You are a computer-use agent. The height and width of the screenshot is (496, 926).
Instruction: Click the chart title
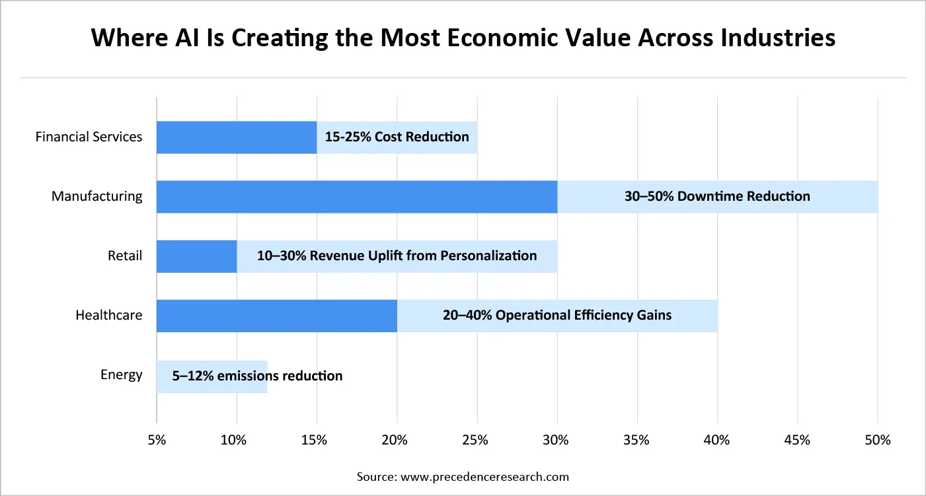click(463, 38)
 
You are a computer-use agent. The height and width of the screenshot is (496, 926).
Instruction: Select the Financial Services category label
click(89, 137)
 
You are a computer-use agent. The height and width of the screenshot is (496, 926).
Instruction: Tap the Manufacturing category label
click(96, 196)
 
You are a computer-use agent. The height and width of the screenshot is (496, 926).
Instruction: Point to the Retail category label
click(126, 256)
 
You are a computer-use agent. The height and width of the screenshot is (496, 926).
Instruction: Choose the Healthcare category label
click(108, 315)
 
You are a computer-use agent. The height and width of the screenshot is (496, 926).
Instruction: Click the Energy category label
click(121, 374)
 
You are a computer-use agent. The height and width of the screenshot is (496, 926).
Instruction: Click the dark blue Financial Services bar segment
click(237, 137)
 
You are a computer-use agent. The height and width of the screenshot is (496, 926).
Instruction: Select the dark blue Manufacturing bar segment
click(357, 196)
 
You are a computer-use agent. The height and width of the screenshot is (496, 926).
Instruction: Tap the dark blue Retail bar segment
click(196, 256)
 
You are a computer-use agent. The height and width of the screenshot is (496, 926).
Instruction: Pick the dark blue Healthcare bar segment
click(276, 315)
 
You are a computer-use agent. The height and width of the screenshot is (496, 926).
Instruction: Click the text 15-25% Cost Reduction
click(397, 137)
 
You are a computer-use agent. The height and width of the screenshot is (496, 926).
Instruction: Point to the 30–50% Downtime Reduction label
click(717, 196)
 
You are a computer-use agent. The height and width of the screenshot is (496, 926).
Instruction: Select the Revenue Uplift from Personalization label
click(397, 256)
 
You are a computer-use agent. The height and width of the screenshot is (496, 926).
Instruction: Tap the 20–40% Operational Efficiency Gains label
click(557, 315)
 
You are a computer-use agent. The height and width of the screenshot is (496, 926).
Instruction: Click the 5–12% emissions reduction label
click(257, 376)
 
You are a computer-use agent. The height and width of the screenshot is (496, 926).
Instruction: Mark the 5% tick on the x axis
click(156, 441)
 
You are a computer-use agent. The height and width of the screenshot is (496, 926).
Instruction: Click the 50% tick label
click(877, 441)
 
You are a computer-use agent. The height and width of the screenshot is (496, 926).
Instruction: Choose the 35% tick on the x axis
click(637, 441)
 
